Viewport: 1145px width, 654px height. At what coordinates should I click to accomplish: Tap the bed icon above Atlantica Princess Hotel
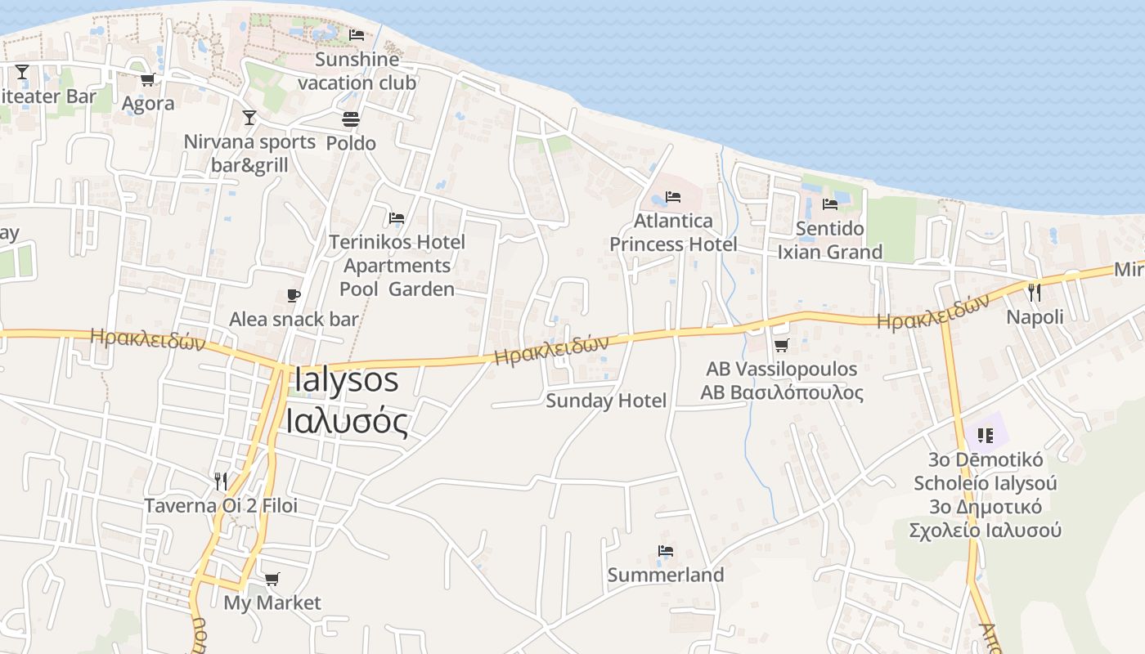point(673,197)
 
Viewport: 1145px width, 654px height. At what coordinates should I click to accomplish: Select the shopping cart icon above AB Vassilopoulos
point(781,346)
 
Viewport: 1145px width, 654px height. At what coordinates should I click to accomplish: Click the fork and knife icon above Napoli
point(1035,292)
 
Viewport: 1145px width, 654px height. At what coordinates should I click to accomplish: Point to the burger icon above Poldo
point(351,119)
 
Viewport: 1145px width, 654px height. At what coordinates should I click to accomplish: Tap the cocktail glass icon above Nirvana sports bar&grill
point(249,118)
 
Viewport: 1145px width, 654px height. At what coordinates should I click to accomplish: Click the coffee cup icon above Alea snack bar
point(294,295)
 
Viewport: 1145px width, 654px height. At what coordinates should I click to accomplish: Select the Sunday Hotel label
point(606,401)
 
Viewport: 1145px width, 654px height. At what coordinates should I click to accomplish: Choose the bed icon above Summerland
point(666,551)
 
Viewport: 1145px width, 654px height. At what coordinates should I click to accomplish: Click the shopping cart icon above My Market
point(272,579)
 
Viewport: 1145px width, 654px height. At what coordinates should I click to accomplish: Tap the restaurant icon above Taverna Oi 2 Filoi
point(221,481)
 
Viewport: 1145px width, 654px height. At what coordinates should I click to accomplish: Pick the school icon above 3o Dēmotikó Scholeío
point(986,435)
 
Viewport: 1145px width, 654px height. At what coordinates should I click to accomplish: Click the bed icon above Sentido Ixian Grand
point(830,204)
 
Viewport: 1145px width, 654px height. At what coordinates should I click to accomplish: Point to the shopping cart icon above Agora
point(148,79)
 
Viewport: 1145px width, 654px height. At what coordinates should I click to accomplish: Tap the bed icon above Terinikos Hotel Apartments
point(397,218)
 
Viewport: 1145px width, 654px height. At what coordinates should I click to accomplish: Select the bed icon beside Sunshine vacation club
point(357,35)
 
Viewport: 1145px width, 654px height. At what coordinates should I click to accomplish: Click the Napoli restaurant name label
point(1035,317)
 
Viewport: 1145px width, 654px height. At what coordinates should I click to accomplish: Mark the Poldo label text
point(351,143)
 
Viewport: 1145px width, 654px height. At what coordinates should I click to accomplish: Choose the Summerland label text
point(666,575)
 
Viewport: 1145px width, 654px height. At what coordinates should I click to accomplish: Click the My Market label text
point(272,602)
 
